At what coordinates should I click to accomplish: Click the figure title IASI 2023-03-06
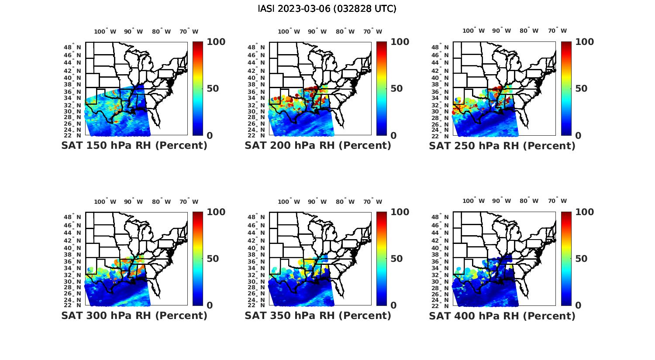point(327,9)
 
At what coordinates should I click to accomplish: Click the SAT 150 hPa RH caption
point(134,146)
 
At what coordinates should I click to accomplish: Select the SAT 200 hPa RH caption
point(318,146)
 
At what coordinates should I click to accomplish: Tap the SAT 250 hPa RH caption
point(502,146)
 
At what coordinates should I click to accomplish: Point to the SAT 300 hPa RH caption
point(134,315)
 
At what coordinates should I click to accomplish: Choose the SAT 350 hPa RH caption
point(318,315)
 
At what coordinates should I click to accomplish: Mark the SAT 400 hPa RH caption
point(502,315)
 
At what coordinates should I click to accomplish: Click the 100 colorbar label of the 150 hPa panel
point(216,42)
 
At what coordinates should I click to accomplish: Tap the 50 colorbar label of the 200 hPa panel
point(396,89)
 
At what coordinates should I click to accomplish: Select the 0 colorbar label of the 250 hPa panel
point(578,136)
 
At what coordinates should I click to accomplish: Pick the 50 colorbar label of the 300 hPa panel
point(213,259)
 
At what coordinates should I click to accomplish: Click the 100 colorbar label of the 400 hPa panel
point(584,212)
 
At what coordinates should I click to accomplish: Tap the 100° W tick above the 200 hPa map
point(289,31)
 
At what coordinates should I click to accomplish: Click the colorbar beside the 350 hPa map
point(381,258)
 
